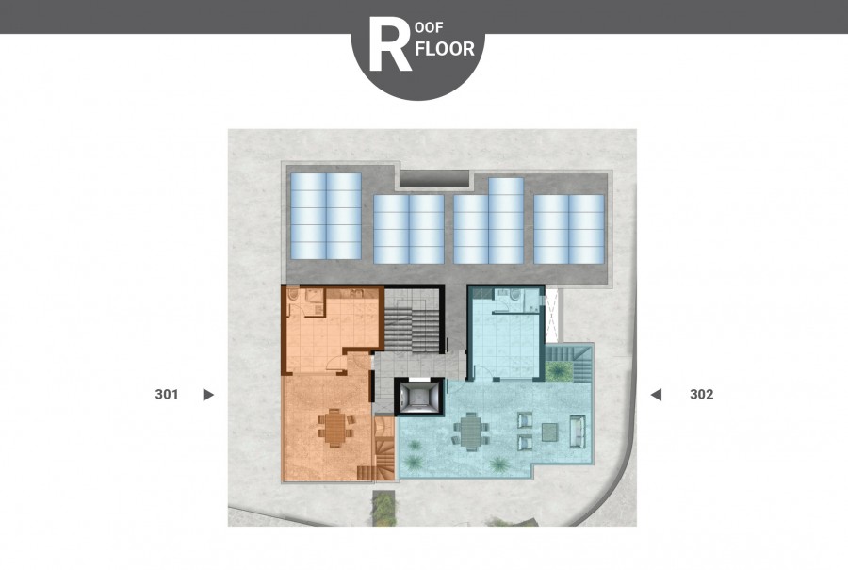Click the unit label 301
point(166,394)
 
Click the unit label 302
point(701,394)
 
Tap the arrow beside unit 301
point(208,395)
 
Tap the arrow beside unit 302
point(656,395)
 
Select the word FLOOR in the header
point(447,49)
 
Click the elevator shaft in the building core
point(418,397)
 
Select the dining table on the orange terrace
point(335,428)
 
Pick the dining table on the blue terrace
point(470,431)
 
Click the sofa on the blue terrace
point(577,432)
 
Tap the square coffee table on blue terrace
point(550,432)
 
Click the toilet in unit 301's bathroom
point(293,295)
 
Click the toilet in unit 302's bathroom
point(514,295)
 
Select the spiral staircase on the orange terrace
point(384,448)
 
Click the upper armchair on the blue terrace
point(525,420)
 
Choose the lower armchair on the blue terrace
point(525,443)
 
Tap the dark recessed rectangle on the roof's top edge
point(434,178)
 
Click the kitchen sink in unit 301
point(356,294)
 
